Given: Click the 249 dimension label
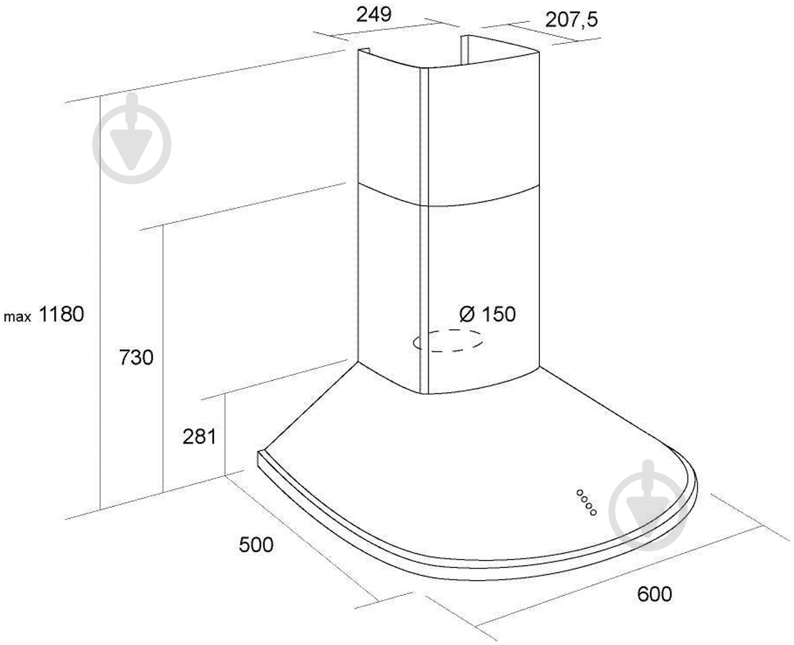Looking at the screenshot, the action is [x=373, y=14].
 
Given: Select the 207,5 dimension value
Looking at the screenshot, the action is [x=572, y=20].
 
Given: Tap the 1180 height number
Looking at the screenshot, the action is [x=61, y=315].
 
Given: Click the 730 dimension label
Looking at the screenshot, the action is [x=136, y=358].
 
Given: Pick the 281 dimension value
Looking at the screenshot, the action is [x=199, y=436].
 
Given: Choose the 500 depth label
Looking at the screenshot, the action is [x=256, y=545].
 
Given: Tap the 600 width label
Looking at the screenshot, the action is [x=654, y=594].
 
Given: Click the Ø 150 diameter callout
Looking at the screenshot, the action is [x=488, y=314].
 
